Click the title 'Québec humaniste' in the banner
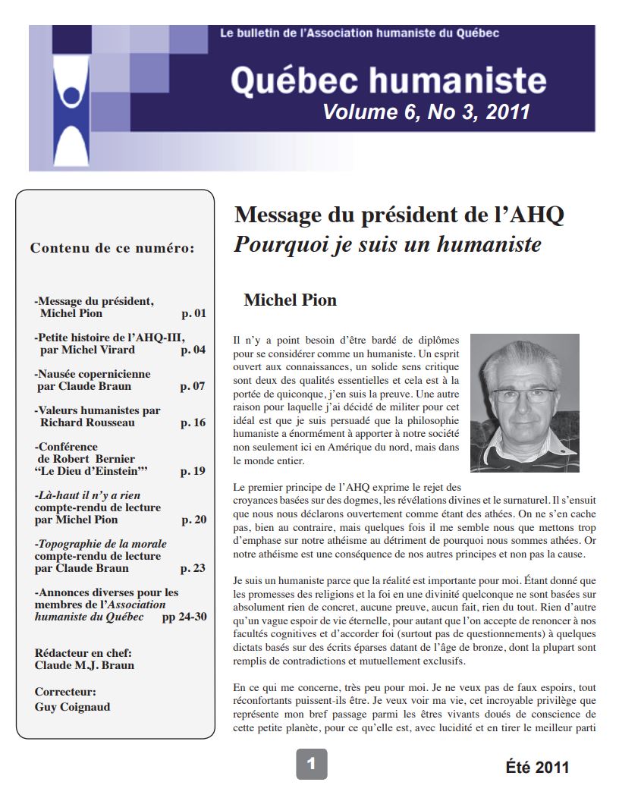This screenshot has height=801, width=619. (388, 80)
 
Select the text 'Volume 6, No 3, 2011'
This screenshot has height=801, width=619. (426, 112)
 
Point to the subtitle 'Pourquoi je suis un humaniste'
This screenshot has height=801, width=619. (388, 245)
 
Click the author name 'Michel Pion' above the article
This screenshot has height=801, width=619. (290, 300)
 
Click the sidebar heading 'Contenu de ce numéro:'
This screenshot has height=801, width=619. (112, 248)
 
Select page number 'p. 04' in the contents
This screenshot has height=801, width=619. (193, 350)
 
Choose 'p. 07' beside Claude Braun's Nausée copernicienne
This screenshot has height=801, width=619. (193, 386)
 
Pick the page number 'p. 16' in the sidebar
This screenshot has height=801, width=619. (193, 422)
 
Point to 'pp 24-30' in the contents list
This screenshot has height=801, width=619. (184, 617)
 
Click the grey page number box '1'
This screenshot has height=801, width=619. (311, 764)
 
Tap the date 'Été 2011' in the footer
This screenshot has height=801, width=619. (537, 767)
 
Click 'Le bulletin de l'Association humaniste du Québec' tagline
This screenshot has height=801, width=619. (359, 33)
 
